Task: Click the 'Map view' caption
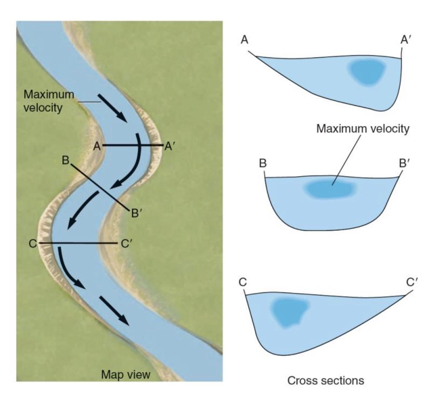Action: (x=125, y=374)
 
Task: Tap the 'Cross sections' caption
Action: (x=325, y=381)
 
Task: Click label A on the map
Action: (x=97, y=146)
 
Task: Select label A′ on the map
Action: (x=170, y=146)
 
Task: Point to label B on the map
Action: (x=65, y=160)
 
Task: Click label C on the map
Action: (x=33, y=243)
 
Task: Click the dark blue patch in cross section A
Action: (x=367, y=72)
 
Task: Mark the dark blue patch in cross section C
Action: (x=289, y=311)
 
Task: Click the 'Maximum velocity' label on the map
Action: (x=48, y=100)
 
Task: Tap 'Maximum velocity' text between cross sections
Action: (x=363, y=129)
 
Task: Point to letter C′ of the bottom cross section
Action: (x=412, y=282)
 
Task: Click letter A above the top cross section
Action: (x=245, y=39)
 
